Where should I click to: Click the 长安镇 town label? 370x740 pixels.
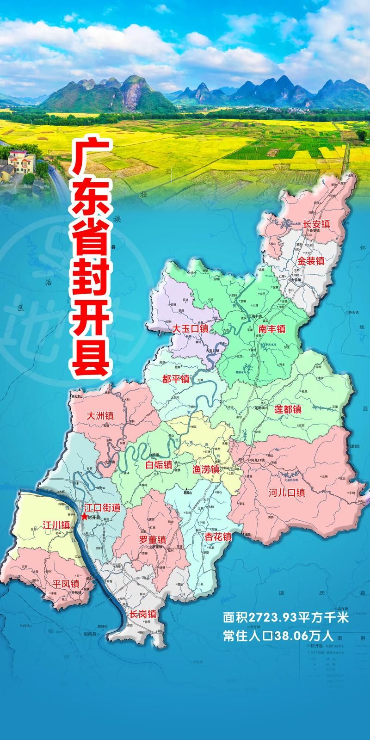[x=316, y=224]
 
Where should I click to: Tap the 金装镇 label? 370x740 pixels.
[x=310, y=261]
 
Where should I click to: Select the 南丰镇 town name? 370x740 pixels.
[x=272, y=329]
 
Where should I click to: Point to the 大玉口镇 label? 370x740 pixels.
[x=190, y=329]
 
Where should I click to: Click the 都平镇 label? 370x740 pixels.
[x=176, y=379]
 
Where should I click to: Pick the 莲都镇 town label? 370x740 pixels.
[x=288, y=409]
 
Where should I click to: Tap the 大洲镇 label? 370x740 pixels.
[x=100, y=416]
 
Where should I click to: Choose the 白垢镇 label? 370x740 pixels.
[x=159, y=465]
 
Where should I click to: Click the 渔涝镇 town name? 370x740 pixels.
[x=206, y=469]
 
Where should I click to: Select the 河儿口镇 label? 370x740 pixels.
[x=287, y=493]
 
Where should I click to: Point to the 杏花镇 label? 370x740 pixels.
[x=218, y=537]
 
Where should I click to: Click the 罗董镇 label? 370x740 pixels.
[x=152, y=539]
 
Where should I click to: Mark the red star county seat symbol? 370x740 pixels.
[x=84, y=517]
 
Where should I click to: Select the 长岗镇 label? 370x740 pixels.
[x=142, y=615]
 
